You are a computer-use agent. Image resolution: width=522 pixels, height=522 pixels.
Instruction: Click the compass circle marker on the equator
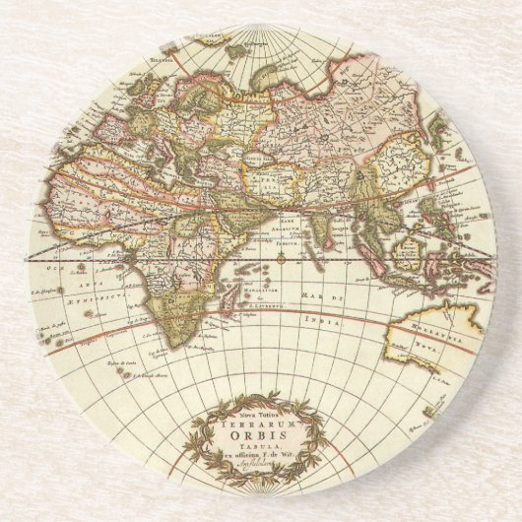280,261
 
